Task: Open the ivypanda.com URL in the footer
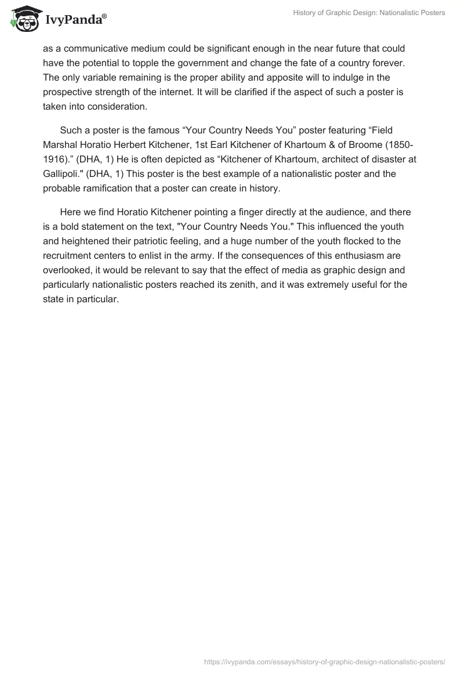click(x=324, y=661)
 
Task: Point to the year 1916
click(x=53, y=159)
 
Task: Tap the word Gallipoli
click(x=63, y=173)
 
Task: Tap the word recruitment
click(x=68, y=255)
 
